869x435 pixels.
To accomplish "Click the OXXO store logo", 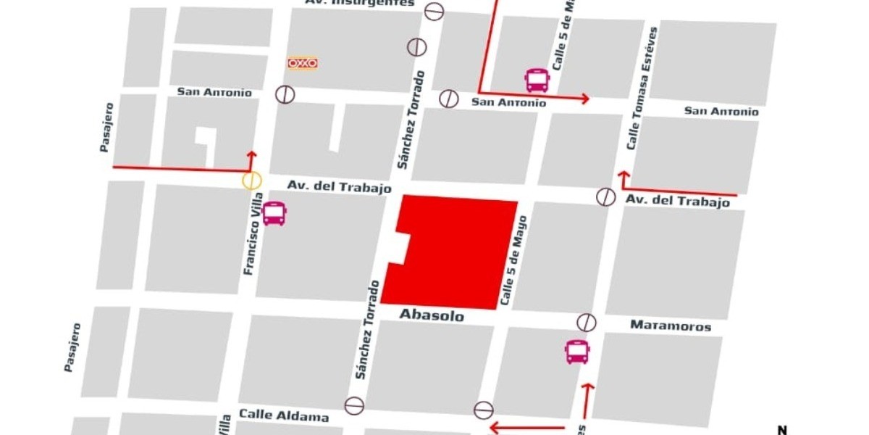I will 303,64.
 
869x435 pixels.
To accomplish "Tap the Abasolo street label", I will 432,316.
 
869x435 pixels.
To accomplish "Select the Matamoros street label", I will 671,326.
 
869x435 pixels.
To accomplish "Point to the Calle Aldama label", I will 284,415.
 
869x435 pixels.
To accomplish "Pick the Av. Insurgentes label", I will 360,3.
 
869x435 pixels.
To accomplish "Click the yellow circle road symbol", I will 251,181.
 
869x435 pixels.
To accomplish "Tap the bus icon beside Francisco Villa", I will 274,213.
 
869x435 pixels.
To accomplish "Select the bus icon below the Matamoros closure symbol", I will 577,352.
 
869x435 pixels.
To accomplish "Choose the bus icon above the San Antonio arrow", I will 537,80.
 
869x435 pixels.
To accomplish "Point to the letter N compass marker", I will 782,429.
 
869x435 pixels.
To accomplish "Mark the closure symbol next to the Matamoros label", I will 587,323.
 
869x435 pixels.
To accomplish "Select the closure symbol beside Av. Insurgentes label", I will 434,12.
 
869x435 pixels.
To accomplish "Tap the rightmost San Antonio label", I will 721,111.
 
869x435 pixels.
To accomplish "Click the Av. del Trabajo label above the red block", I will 339,187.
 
